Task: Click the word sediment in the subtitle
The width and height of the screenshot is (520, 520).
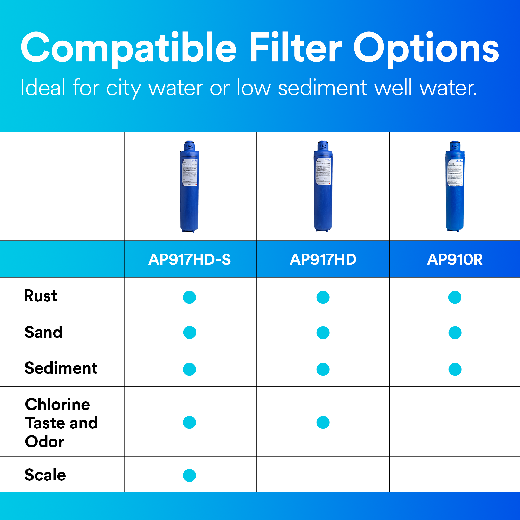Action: [322, 88]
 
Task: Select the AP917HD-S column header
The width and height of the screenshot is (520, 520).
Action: [190, 259]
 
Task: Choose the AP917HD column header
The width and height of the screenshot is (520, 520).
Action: [323, 259]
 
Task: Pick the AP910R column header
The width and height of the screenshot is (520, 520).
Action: [454, 259]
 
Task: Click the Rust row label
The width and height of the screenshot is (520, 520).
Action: [41, 296]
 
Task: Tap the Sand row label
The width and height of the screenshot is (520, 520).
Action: [43, 332]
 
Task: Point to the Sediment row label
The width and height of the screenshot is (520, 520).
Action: [61, 368]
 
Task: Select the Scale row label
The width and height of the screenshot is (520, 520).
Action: [45, 475]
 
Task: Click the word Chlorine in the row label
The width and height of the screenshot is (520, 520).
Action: [58, 405]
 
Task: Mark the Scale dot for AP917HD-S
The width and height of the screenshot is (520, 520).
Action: [190, 475]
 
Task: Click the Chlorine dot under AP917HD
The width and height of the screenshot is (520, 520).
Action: [323, 422]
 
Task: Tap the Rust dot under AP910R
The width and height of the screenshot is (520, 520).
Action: [455, 297]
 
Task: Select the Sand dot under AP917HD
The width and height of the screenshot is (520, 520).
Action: [323, 333]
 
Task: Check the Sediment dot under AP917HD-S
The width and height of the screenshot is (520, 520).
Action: [190, 369]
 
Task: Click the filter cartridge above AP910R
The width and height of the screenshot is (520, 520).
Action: [455, 194]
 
